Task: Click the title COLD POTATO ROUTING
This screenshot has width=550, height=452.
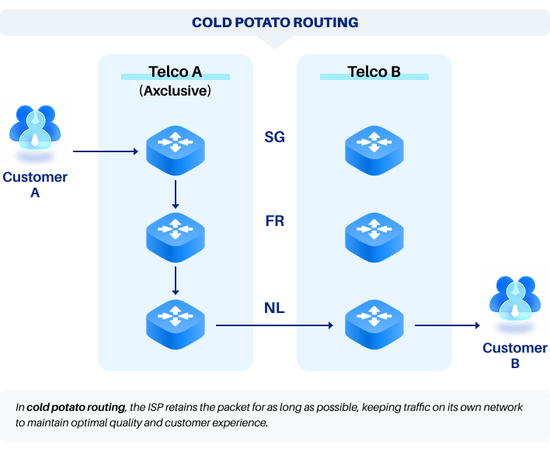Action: coord(275,23)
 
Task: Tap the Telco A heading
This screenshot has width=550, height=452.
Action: coord(175,72)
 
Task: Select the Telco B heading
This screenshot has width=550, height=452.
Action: coord(374,72)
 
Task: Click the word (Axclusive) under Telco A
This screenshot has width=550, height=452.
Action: coord(175,91)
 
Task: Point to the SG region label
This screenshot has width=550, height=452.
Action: coord(274,137)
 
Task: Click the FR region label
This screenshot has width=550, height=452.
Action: coord(274,221)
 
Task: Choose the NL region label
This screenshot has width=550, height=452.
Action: coord(274,308)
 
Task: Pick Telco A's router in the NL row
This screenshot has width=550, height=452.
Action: coord(176,321)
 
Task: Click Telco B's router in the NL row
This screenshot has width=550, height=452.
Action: coord(374,321)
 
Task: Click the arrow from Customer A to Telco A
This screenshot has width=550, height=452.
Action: coord(108,151)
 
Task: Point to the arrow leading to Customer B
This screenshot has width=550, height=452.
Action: coord(445,325)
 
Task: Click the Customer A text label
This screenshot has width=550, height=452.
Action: coord(35,185)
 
